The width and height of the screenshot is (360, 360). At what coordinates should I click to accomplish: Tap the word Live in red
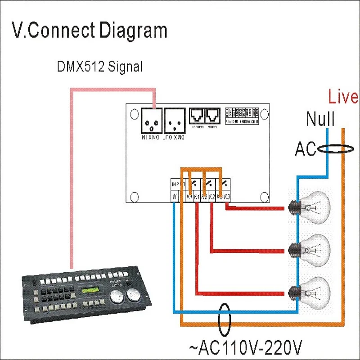343,97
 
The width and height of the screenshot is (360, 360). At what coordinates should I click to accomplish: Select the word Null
320,120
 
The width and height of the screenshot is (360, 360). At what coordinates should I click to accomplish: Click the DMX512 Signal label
99,67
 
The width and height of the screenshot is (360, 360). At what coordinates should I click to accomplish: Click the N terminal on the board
174,197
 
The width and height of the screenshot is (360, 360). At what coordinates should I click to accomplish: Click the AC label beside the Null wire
306,149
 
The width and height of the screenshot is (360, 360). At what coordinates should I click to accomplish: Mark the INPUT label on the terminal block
178,184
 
